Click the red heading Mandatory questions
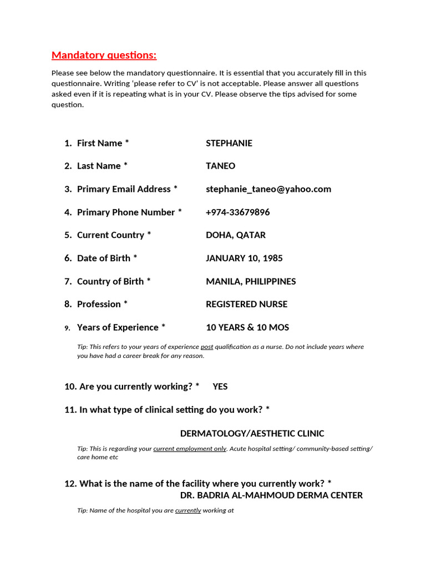pyautogui.click(x=104, y=55)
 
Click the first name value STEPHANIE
pyautogui.click(x=229, y=143)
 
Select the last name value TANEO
pyautogui.click(x=220, y=166)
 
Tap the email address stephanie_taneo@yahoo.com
pyautogui.click(x=268, y=189)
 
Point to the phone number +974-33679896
pyautogui.click(x=237, y=212)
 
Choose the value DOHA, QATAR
pyautogui.click(x=235, y=235)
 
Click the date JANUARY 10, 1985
pyautogui.click(x=244, y=258)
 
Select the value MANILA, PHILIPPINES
pyautogui.click(x=251, y=282)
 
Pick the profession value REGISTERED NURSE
pyautogui.click(x=246, y=305)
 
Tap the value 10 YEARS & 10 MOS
pyautogui.click(x=247, y=328)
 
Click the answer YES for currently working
pyautogui.click(x=220, y=387)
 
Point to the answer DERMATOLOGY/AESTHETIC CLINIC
pyautogui.click(x=252, y=434)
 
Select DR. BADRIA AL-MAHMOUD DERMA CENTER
pyautogui.click(x=271, y=495)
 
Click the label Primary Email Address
pyautogui.click(x=124, y=189)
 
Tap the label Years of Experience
pyautogui.click(x=118, y=328)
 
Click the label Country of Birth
pyautogui.click(x=110, y=282)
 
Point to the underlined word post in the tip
pyautogui.click(x=206, y=347)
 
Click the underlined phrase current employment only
pyautogui.click(x=190, y=448)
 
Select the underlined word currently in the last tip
pyautogui.click(x=188, y=510)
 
